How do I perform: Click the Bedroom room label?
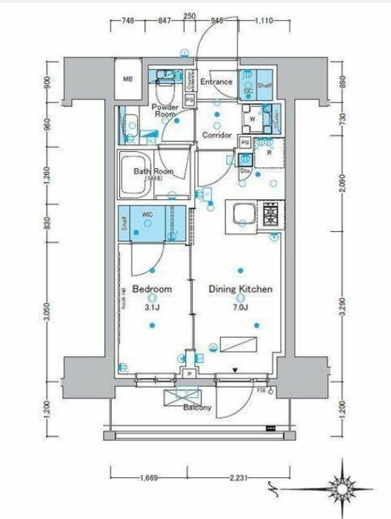pos(153,288)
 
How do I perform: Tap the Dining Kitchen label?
pos(240,288)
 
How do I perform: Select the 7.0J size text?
pos(240,306)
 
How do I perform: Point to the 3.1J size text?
pos(153,306)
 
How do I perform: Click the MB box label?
pos(127,80)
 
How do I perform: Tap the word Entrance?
pos(217,82)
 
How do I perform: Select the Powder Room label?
pos(164,111)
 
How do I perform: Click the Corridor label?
pos(218,135)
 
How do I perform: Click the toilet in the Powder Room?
pos(165,94)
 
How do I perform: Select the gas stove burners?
pos(268,214)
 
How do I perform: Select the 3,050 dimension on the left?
pos(48,314)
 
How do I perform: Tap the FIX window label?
pos(261,390)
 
